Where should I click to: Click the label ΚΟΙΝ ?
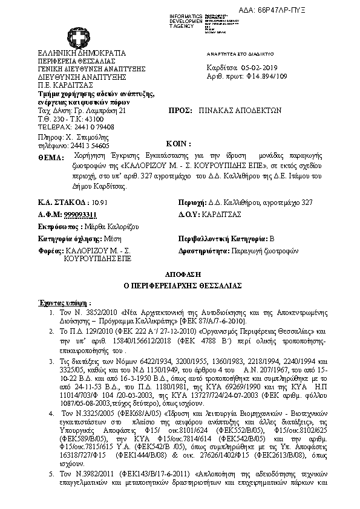click(x=178, y=144)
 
